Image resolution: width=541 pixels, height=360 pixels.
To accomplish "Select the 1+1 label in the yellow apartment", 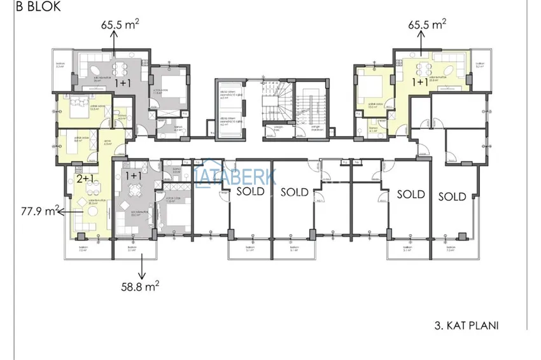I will pyautogui.click(x=419, y=82).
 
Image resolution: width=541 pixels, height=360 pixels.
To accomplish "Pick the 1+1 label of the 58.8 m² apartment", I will pyautogui.click(x=134, y=175).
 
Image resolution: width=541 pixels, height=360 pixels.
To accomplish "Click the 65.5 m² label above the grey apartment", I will pyautogui.click(x=120, y=25).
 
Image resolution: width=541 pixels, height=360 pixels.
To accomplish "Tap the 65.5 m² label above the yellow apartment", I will pyautogui.click(x=426, y=25).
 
